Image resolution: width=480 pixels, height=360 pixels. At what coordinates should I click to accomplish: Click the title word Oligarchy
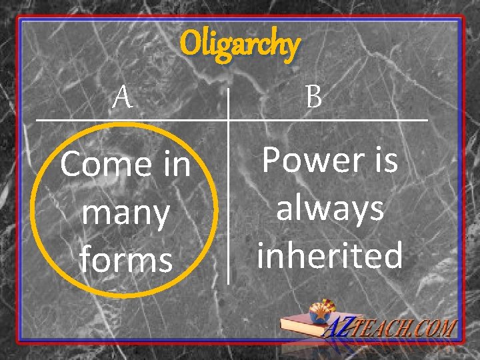tap(240, 46)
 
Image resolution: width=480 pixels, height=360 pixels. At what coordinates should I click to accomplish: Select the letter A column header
tap(122, 99)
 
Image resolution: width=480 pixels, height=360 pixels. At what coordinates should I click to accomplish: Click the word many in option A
tap(125, 213)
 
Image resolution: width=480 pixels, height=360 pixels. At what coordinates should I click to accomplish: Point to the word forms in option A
tap(126, 260)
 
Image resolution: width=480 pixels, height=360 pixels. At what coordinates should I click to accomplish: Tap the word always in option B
tap(330, 208)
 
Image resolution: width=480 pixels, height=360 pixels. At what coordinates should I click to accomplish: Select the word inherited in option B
tap(330, 255)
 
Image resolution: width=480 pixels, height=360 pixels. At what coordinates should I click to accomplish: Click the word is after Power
tap(385, 161)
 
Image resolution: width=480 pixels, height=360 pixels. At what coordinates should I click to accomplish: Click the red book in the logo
tap(304, 326)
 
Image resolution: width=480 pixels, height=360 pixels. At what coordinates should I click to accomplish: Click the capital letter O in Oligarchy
tap(190, 45)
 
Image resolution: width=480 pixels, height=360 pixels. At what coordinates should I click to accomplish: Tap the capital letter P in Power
tap(273, 161)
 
